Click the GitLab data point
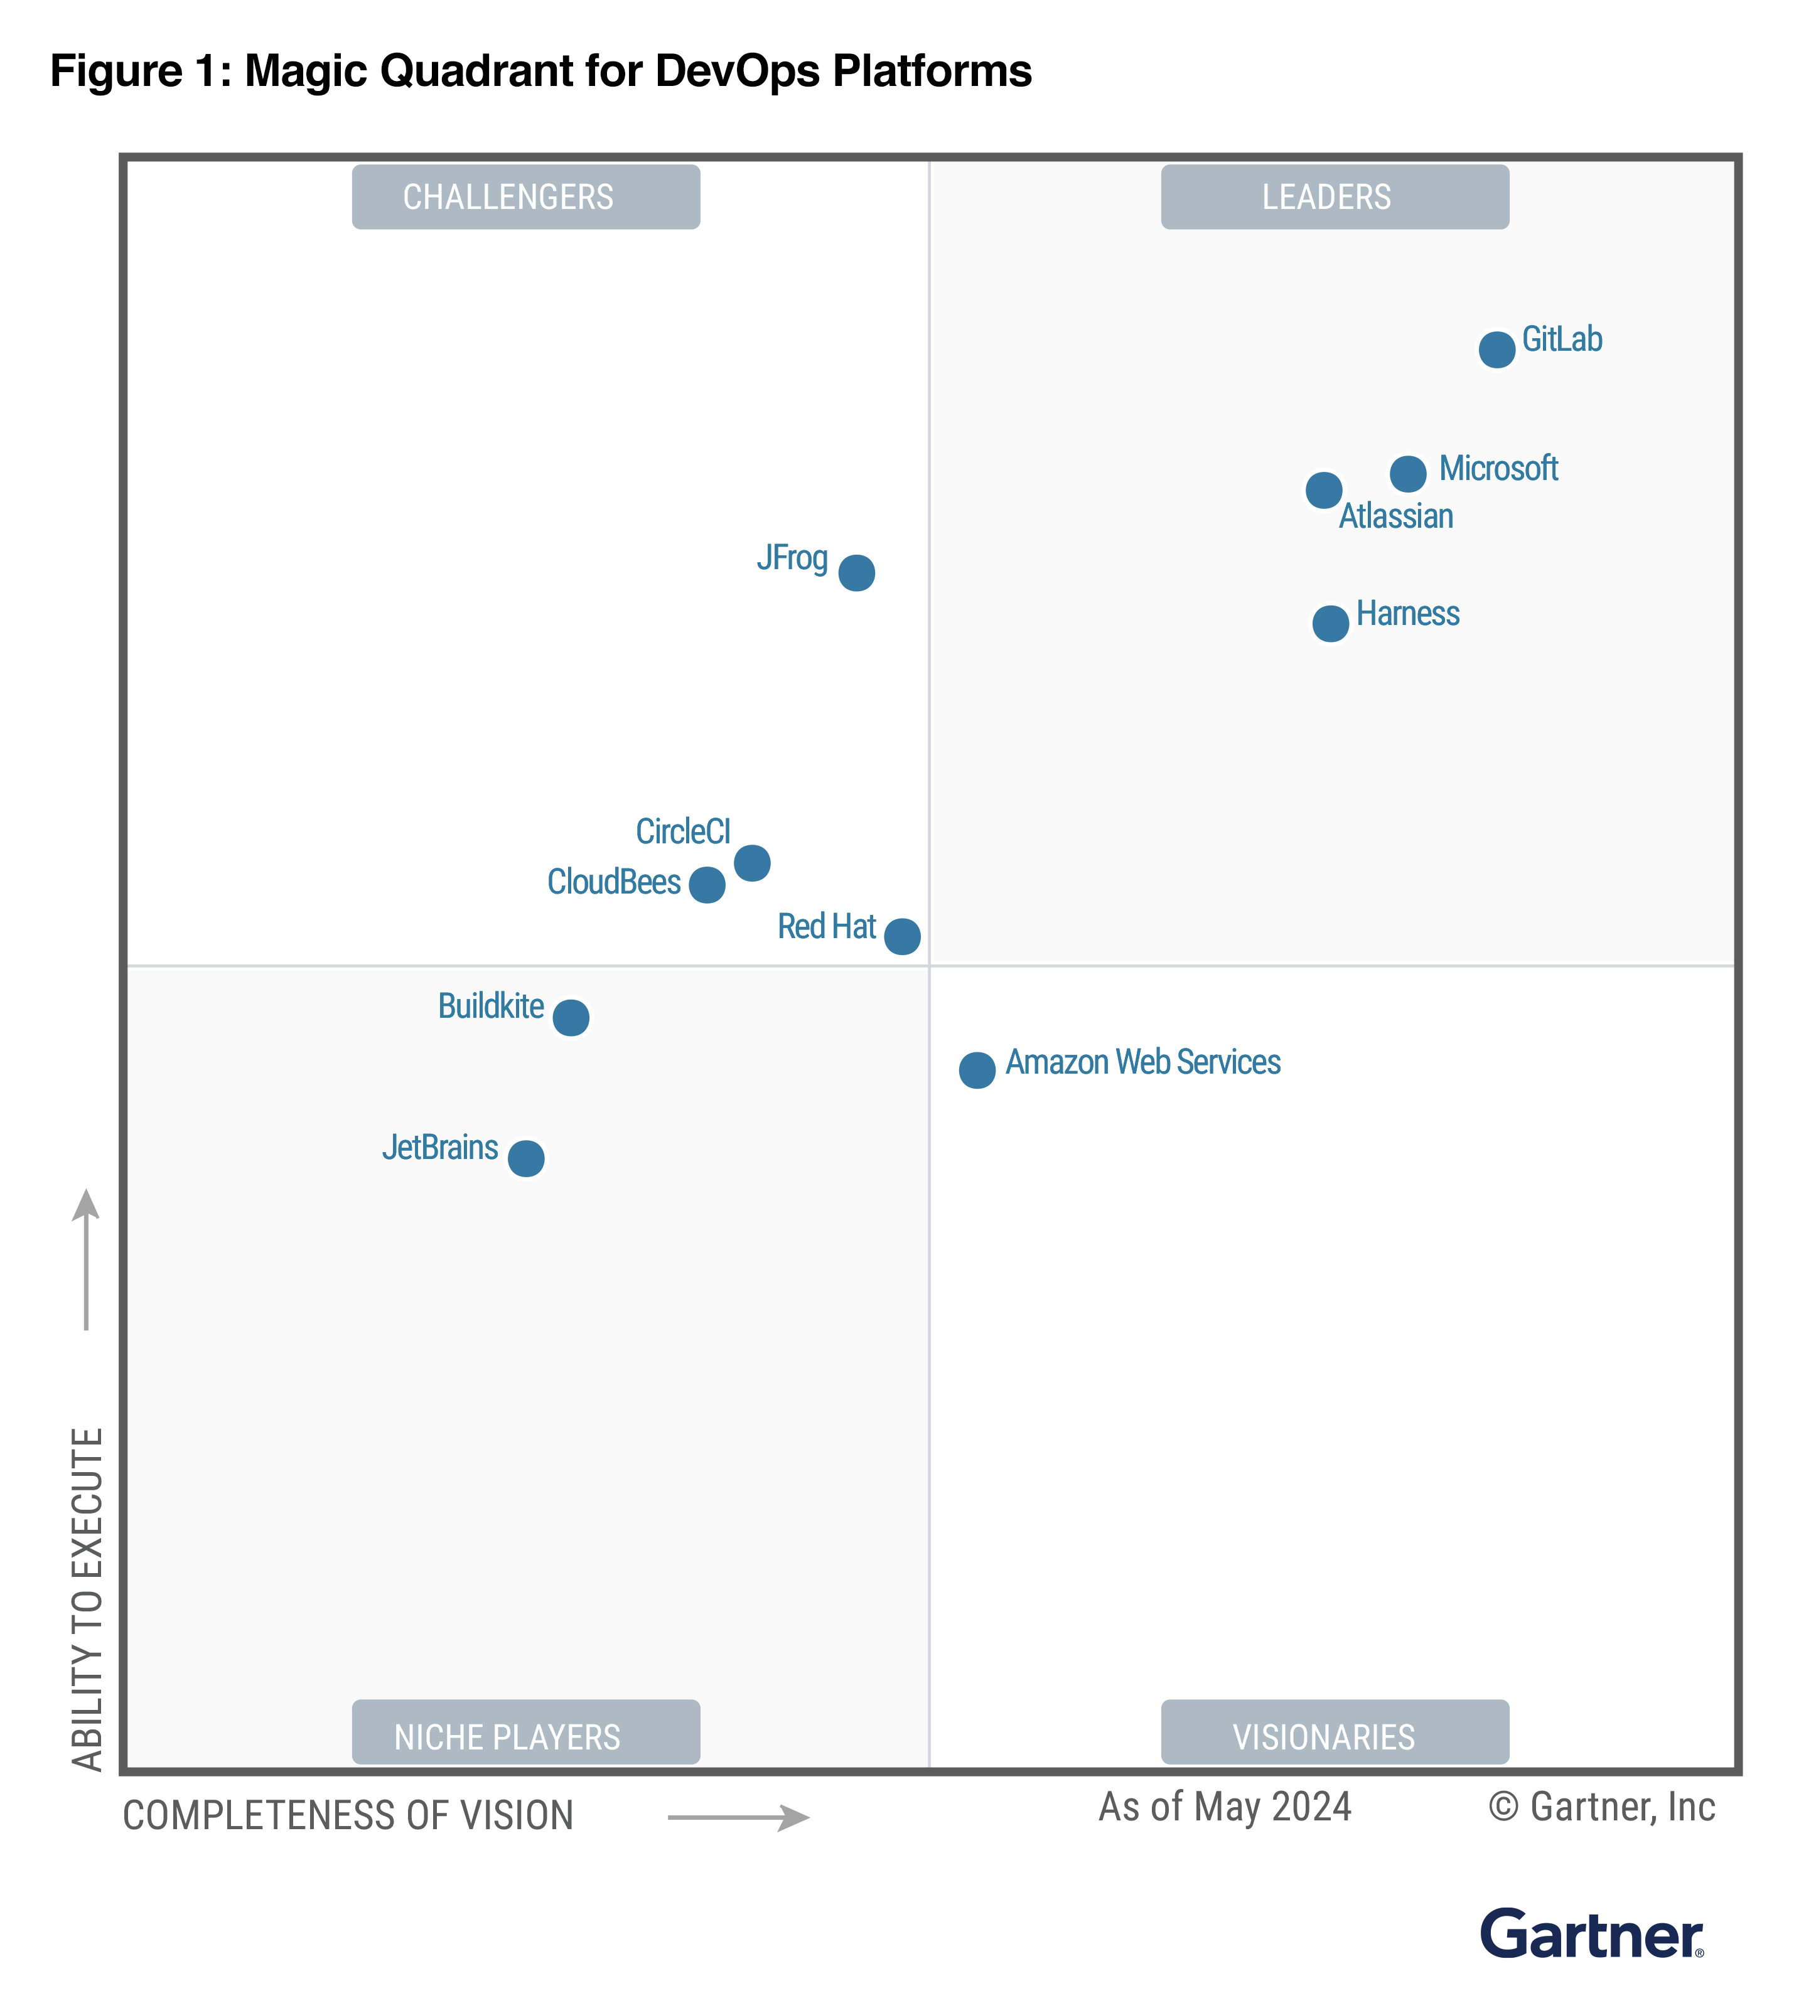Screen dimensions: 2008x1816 pos(1496,350)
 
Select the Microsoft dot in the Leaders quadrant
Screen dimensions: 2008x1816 pos(1407,473)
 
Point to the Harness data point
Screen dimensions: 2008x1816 pos(1330,624)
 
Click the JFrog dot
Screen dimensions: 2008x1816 pos(856,573)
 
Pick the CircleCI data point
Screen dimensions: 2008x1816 pos(751,863)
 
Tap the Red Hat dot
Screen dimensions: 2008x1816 pos(901,936)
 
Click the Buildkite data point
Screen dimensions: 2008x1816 pos(570,1018)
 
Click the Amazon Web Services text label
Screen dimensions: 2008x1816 pos(1142,1062)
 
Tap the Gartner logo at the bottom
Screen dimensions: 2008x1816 pos(1591,1935)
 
